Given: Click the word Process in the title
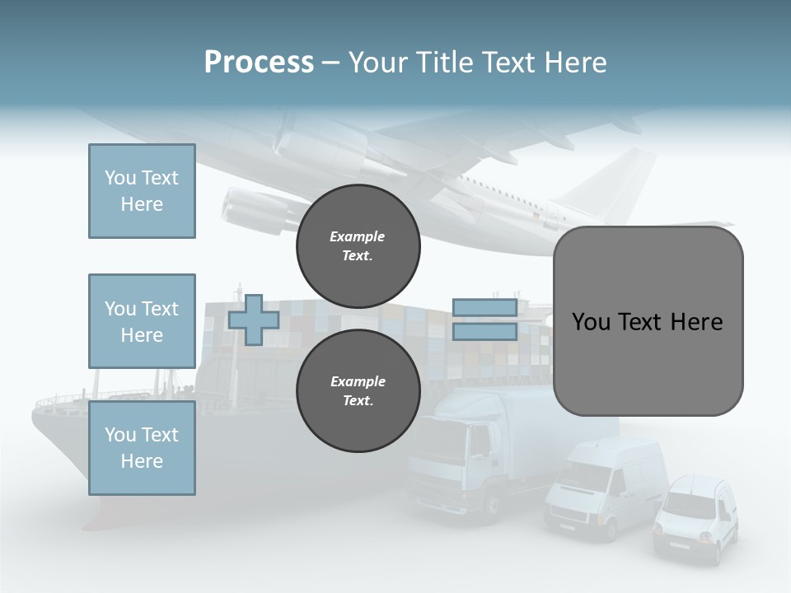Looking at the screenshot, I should tap(259, 63).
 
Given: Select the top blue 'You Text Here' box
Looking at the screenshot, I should tap(142, 191).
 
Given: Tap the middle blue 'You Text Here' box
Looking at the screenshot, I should tap(142, 321).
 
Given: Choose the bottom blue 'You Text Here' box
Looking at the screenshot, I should tap(142, 447).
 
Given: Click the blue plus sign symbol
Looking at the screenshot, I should tap(254, 320).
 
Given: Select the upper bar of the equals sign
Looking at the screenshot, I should tap(484, 308).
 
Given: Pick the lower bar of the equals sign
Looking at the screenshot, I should tap(484, 332).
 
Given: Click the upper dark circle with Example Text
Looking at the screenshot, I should tap(358, 246).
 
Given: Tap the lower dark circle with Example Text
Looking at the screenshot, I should tap(358, 391).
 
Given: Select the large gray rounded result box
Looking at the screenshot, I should tap(648, 321).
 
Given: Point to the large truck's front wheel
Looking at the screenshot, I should tap(492, 504).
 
